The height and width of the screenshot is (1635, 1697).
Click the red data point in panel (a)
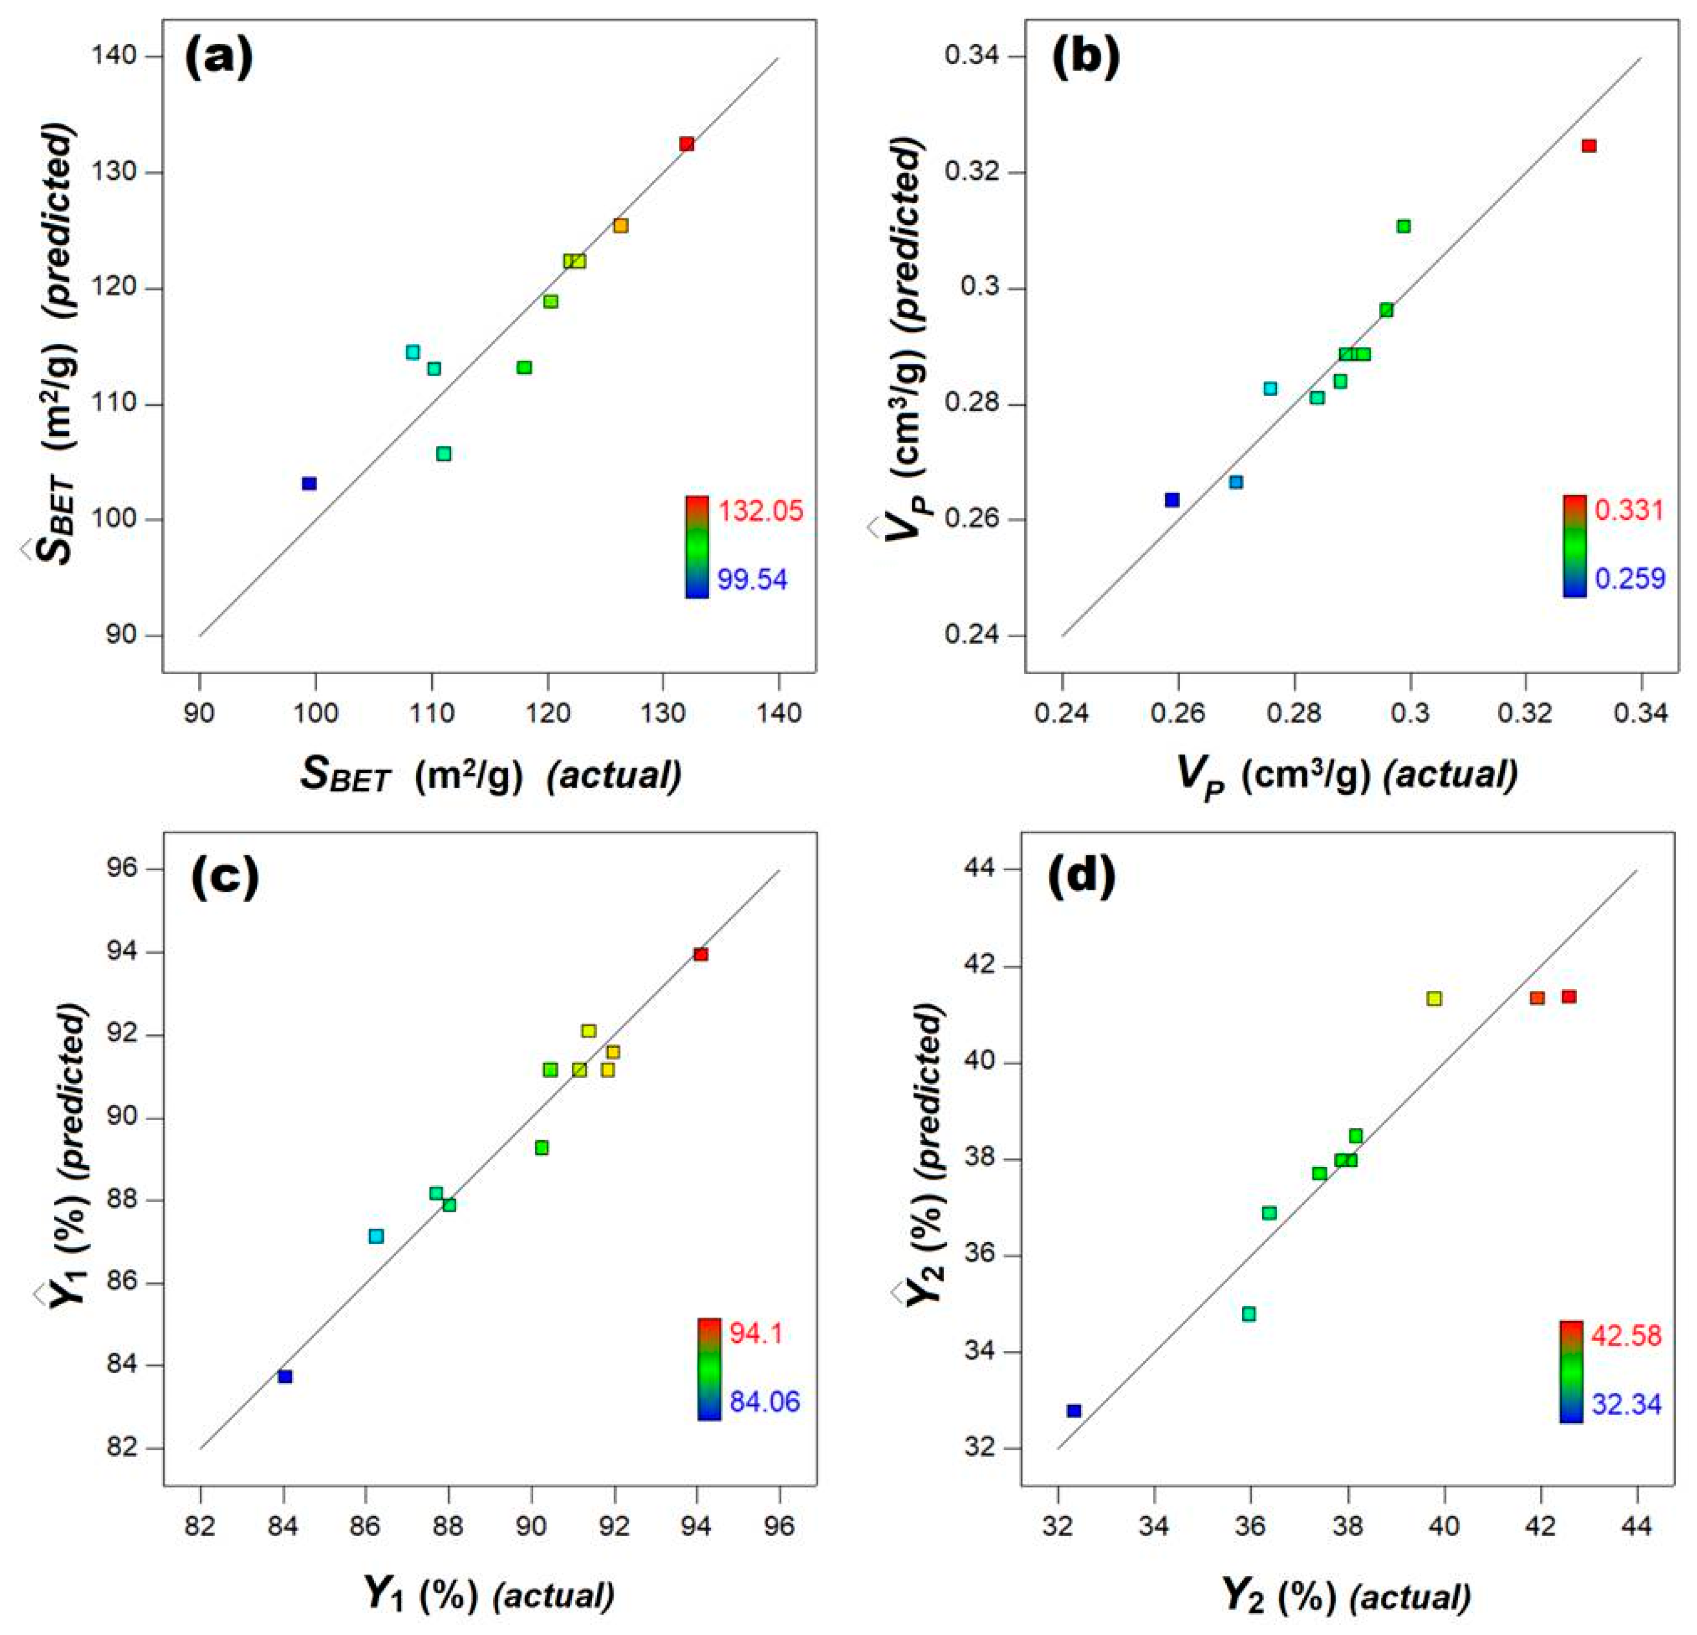click(686, 144)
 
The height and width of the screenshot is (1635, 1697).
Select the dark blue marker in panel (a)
click(309, 483)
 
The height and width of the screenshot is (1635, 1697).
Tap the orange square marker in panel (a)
click(621, 226)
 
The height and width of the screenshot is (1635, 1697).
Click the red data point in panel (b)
click(1589, 146)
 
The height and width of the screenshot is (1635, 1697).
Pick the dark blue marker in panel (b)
click(1172, 500)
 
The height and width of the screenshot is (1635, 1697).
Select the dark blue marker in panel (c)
click(285, 1376)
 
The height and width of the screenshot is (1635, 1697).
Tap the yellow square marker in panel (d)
click(1435, 998)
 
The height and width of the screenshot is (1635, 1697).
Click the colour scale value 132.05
click(761, 511)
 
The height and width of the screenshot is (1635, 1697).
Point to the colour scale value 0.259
click(1630, 578)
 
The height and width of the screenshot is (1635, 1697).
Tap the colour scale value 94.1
click(756, 1334)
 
